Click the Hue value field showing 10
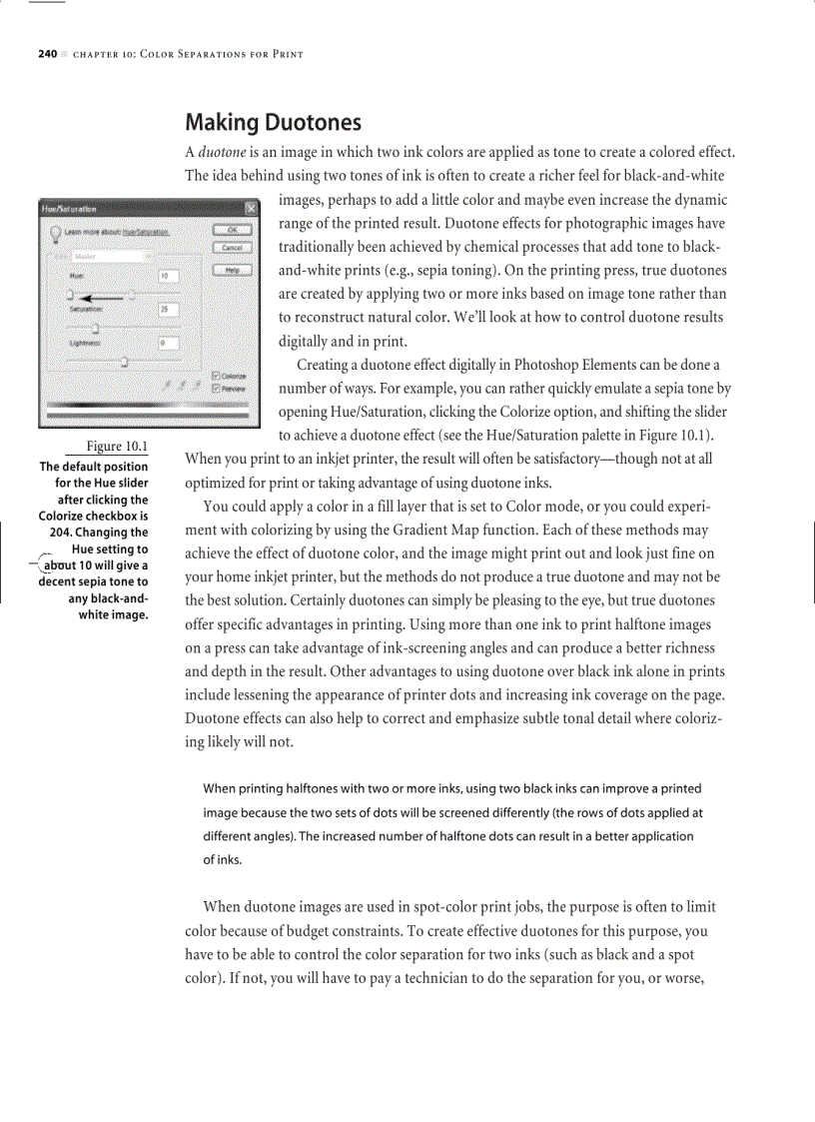tap(168, 275)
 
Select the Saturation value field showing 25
tap(168, 310)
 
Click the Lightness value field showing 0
tap(168, 343)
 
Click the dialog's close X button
tap(252, 208)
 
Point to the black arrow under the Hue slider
tap(104, 297)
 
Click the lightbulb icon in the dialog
tap(56, 232)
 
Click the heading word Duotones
tap(313, 123)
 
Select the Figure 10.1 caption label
tap(117, 446)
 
